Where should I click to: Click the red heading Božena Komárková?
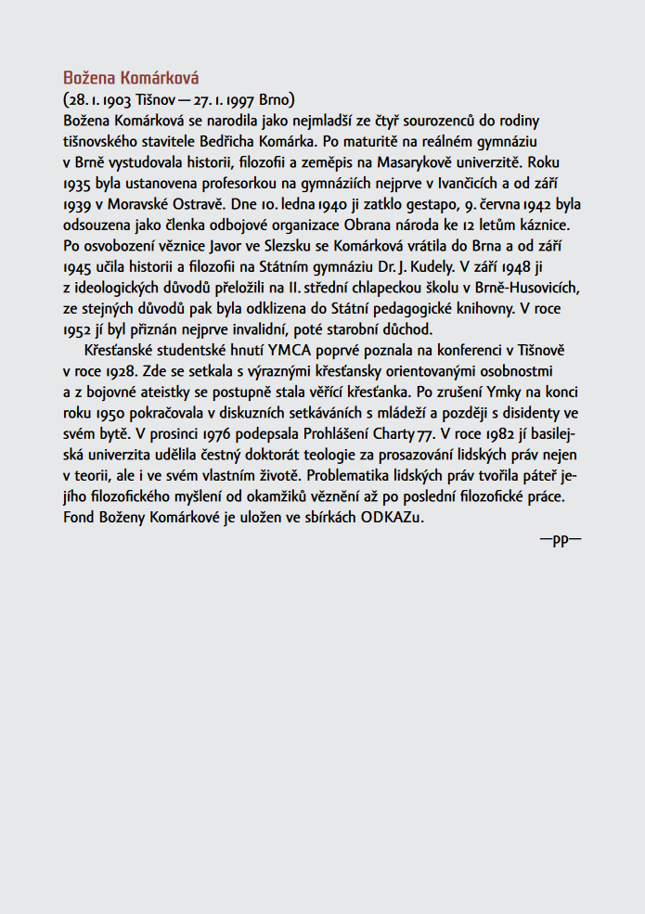click(131, 77)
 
